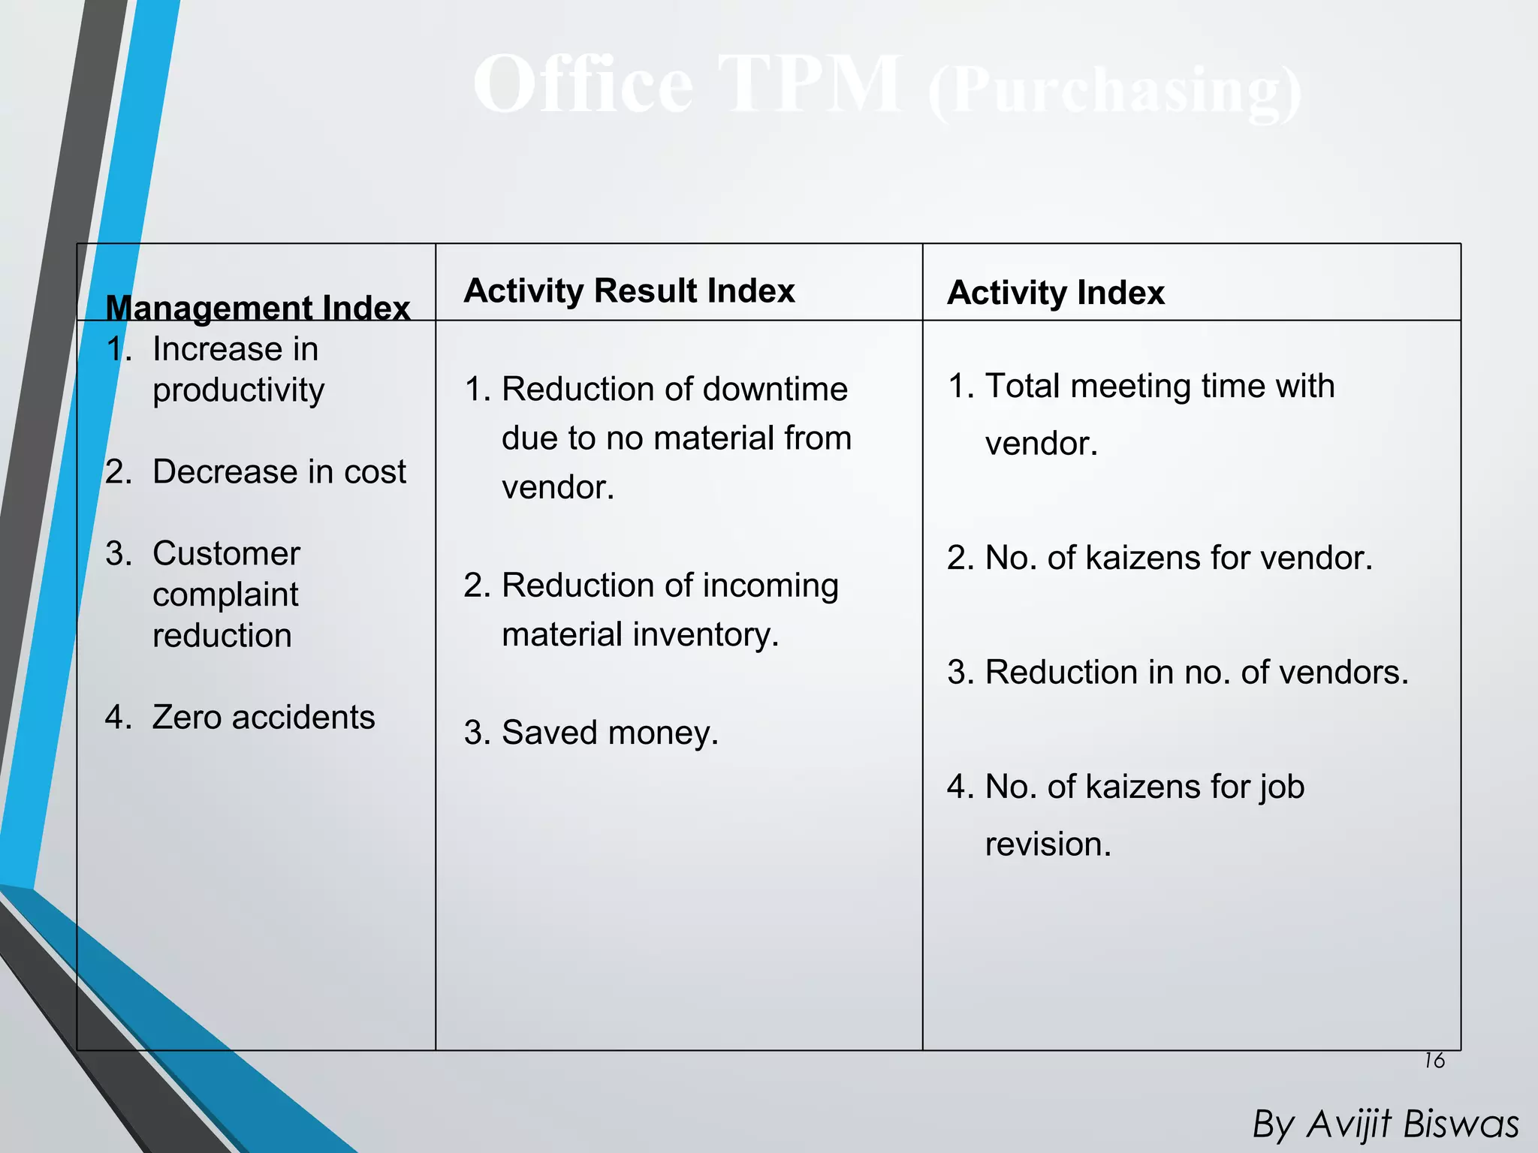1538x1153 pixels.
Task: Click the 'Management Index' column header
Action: click(x=258, y=308)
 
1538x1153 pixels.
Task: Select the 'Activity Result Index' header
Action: click(x=629, y=291)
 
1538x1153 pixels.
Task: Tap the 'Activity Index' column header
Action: click(x=1055, y=292)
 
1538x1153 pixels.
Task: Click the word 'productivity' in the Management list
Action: click(x=238, y=390)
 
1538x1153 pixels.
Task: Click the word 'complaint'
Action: click(x=225, y=595)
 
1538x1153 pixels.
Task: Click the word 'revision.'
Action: click(x=1048, y=844)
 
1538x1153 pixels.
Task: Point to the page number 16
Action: click(x=1434, y=1061)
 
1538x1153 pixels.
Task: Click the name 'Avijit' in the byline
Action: click(x=1349, y=1124)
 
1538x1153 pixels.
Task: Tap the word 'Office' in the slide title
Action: click(x=583, y=84)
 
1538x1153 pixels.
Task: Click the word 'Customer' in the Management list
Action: click(x=226, y=553)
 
